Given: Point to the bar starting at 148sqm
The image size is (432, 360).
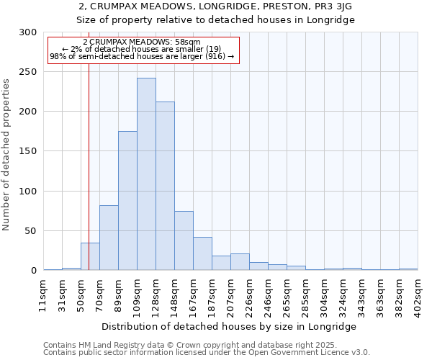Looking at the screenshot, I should point(184,240).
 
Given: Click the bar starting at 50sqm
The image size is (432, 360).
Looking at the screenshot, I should point(90,256).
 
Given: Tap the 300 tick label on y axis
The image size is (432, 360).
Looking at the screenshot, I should point(28,32).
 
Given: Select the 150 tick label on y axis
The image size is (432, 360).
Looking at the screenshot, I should point(28,152).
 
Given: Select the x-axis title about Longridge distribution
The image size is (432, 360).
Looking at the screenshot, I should point(230,326).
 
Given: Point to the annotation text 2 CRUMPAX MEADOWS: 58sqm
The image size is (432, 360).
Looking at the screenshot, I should point(142,42).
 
